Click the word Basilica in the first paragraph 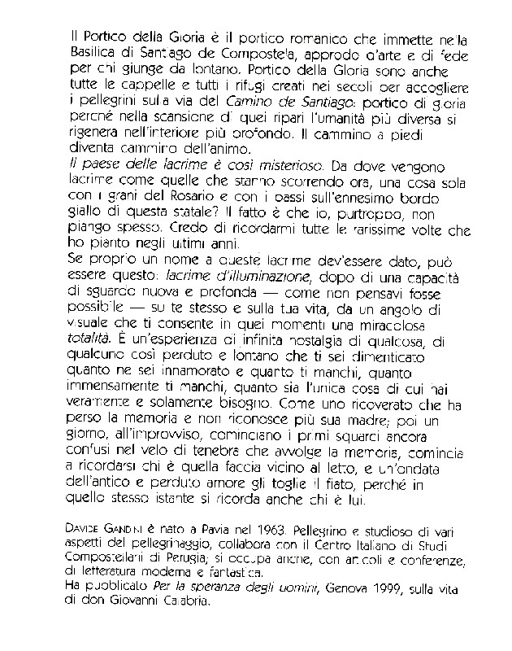pos(94,54)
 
